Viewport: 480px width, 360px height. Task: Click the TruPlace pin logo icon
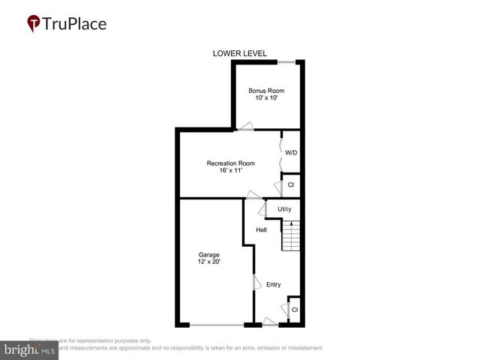[34, 23]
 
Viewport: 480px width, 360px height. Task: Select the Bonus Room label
[266, 91]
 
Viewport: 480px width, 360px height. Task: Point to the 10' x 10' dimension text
[266, 98]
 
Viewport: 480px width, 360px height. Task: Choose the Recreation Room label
[231, 163]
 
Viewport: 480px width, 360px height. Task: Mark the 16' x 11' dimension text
[231, 170]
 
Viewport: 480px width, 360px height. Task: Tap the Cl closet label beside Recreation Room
[291, 184]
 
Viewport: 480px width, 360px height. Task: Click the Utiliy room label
[284, 208]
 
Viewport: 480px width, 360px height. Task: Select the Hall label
[262, 229]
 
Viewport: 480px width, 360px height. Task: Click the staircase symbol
[291, 237]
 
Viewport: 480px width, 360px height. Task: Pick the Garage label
[209, 255]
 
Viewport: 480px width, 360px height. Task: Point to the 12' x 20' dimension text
[209, 262]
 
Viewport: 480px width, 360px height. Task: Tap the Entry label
[273, 284]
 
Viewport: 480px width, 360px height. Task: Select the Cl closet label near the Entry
[295, 309]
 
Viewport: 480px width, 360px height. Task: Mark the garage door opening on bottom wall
[216, 325]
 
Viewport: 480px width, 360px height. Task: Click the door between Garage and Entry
[256, 283]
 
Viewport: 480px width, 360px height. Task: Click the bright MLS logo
[29, 349]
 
